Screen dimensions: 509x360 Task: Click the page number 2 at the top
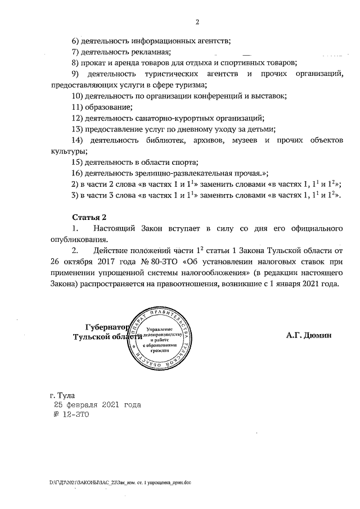(x=197, y=22)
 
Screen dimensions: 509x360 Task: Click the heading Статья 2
(x=89, y=217)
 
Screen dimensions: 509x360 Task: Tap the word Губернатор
(x=107, y=327)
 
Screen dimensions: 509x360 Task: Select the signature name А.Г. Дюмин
(x=309, y=336)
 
